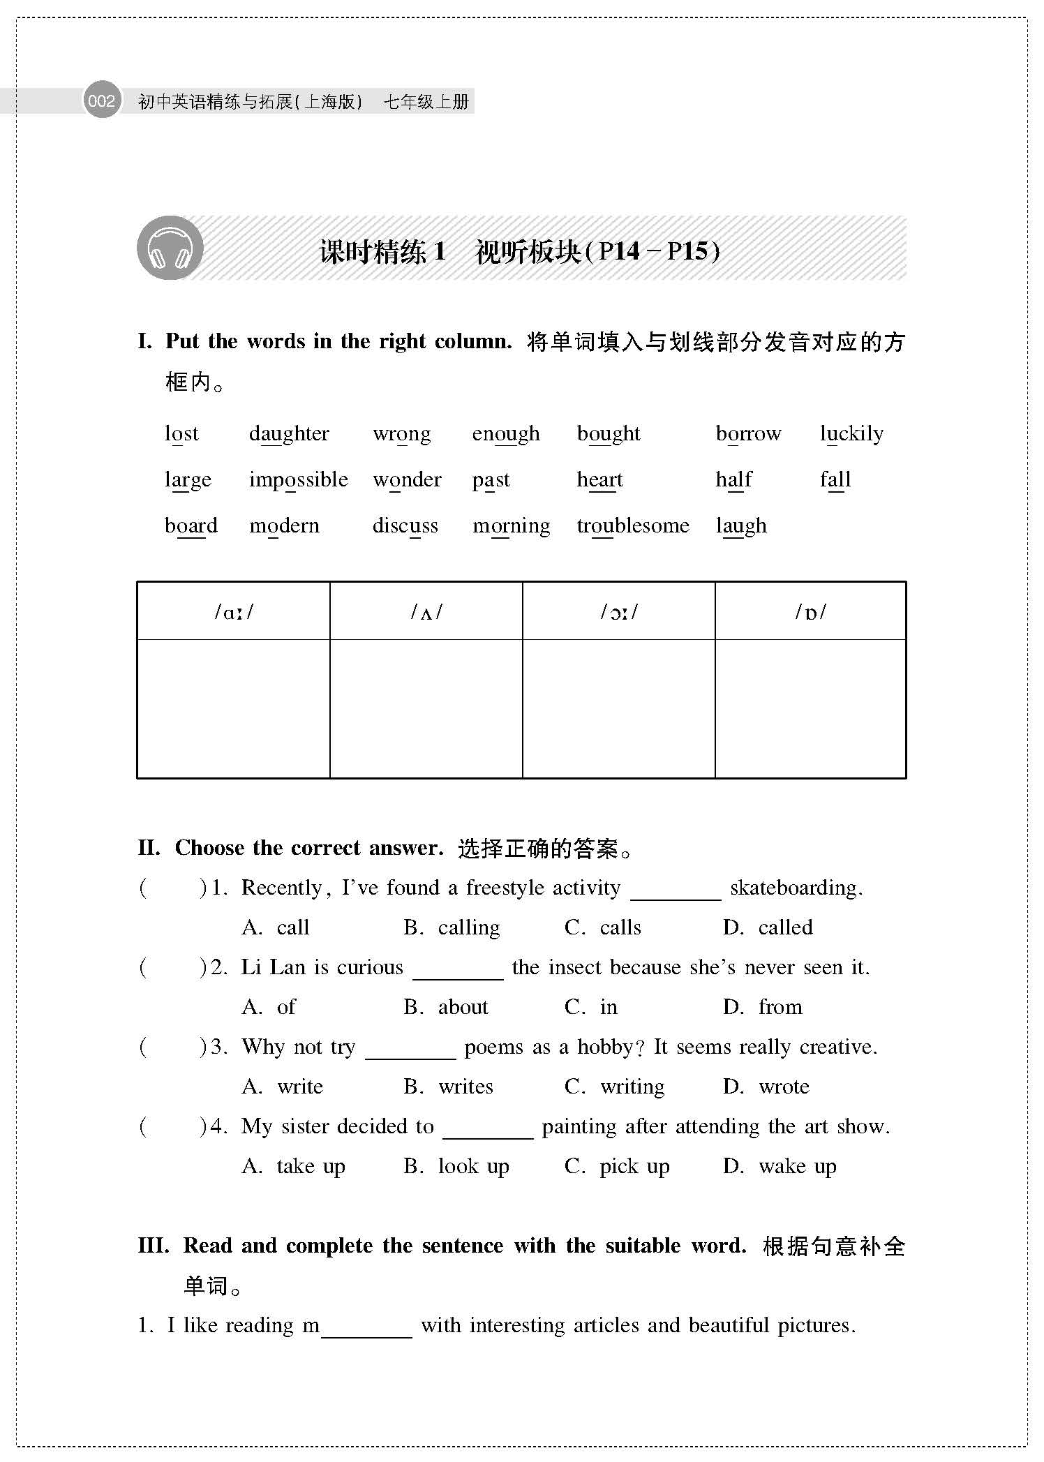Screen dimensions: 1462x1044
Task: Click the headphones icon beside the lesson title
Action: pyautogui.click(x=170, y=248)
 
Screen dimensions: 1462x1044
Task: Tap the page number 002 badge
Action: pyautogui.click(x=102, y=101)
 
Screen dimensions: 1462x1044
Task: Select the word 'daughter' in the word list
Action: pyautogui.click(x=289, y=434)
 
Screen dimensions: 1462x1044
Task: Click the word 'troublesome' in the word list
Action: pyautogui.click(x=632, y=525)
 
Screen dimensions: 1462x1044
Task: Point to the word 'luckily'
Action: pyautogui.click(x=851, y=434)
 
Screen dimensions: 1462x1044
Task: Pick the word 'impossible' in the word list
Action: pyautogui.click(x=298, y=480)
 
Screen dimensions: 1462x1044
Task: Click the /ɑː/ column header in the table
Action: pyautogui.click(x=234, y=612)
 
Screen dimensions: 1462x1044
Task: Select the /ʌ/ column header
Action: pyautogui.click(x=426, y=612)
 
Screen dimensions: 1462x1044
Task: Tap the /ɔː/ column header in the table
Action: pyautogui.click(x=619, y=612)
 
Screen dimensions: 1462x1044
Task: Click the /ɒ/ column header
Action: pyautogui.click(x=811, y=612)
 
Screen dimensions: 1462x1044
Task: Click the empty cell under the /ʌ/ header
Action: pyautogui.click(x=426, y=708)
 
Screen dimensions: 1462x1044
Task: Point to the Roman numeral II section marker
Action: pyautogui.click(x=149, y=848)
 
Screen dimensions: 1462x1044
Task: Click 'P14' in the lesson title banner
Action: pyautogui.click(x=619, y=251)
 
